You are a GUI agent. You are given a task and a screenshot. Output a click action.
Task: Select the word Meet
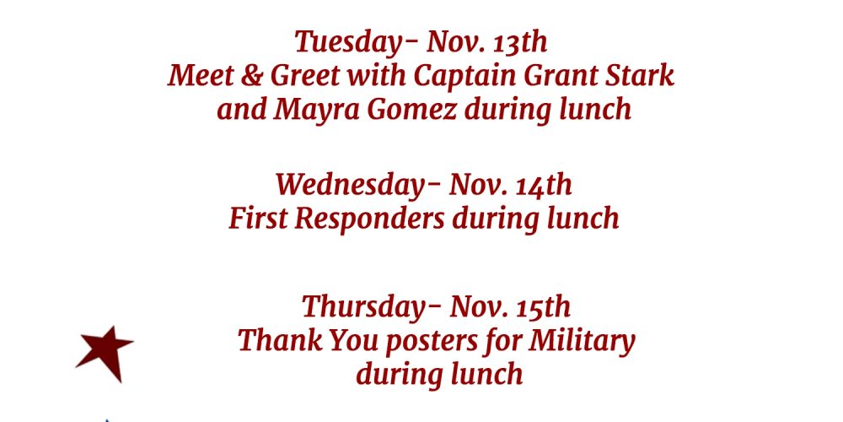pos(200,75)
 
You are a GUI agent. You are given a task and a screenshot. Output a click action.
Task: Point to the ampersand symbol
pos(251,76)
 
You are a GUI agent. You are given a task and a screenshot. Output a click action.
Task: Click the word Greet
pos(304,75)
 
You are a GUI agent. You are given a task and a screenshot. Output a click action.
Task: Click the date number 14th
pos(544,185)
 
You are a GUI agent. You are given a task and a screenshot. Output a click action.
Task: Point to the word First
pos(258,218)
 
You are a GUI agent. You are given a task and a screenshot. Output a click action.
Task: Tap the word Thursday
pos(371,307)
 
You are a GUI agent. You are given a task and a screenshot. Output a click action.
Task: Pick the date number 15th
pos(542,307)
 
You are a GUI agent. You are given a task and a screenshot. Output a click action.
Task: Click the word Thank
pos(280,340)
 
